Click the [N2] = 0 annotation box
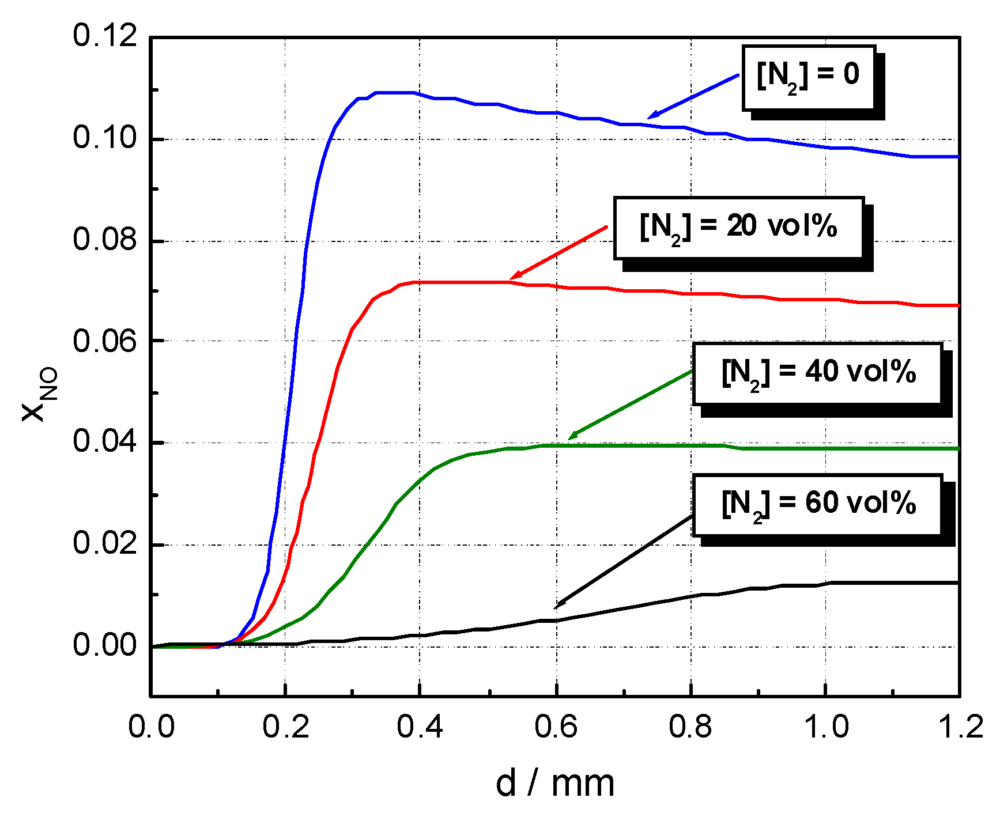click(808, 78)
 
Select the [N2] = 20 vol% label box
click(739, 228)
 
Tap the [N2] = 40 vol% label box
click(817, 374)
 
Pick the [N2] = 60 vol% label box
click(817, 505)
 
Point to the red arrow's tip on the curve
click(511, 279)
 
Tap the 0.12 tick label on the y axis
click(97, 36)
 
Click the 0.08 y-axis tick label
click(97, 240)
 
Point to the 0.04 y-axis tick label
click(97, 443)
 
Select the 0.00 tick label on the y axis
click(97, 645)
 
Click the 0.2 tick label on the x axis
click(285, 727)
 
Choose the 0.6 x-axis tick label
click(556, 727)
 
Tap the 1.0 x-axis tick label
click(826, 727)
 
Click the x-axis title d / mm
click(555, 784)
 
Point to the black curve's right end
click(958, 583)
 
